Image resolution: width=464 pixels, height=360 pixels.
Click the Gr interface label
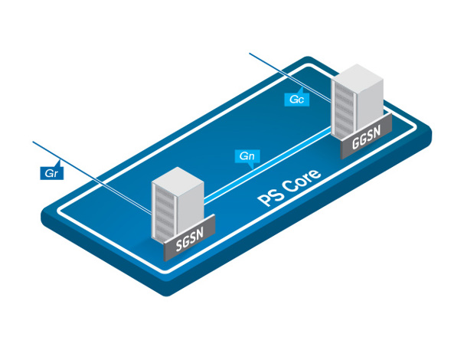click(x=51, y=173)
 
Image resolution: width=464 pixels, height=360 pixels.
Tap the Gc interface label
click(x=297, y=100)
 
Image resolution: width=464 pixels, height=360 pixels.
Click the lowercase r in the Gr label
click(x=54, y=174)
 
